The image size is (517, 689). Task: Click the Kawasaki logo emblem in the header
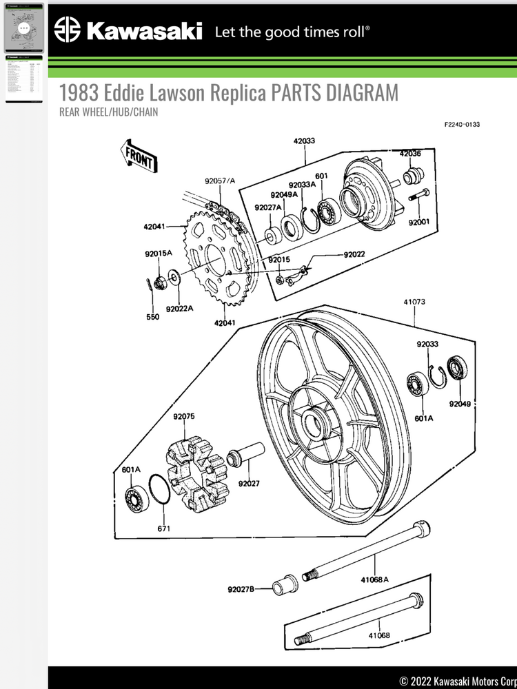pyautogui.click(x=68, y=30)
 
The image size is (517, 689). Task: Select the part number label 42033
pyautogui.click(x=304, y=141)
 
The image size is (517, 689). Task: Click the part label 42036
pyautogui.click(x=410, y=154)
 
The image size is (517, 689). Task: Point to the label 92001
pyautogui.click(x=418, y=223)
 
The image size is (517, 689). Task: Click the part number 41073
pyautogui.click(x=414, y=302)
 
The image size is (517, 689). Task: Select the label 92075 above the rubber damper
pyautogui.click(x=184, y=416)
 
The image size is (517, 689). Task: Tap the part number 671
pyautogui.click(x=164, y=528)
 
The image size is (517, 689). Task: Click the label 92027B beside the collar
pyautogui.click(x=241, y=589)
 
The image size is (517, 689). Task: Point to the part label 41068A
pyautogui.click(x=374, y=579)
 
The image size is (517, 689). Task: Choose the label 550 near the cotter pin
pyautogui.click(x=152, y=317)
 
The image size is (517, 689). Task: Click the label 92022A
pyautogui.click(x=179, y=309)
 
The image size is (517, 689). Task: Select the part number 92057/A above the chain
pyautogui.click(x=219, y=181)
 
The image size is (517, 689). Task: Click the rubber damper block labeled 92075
pyautogui.click(x=197, y=473)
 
